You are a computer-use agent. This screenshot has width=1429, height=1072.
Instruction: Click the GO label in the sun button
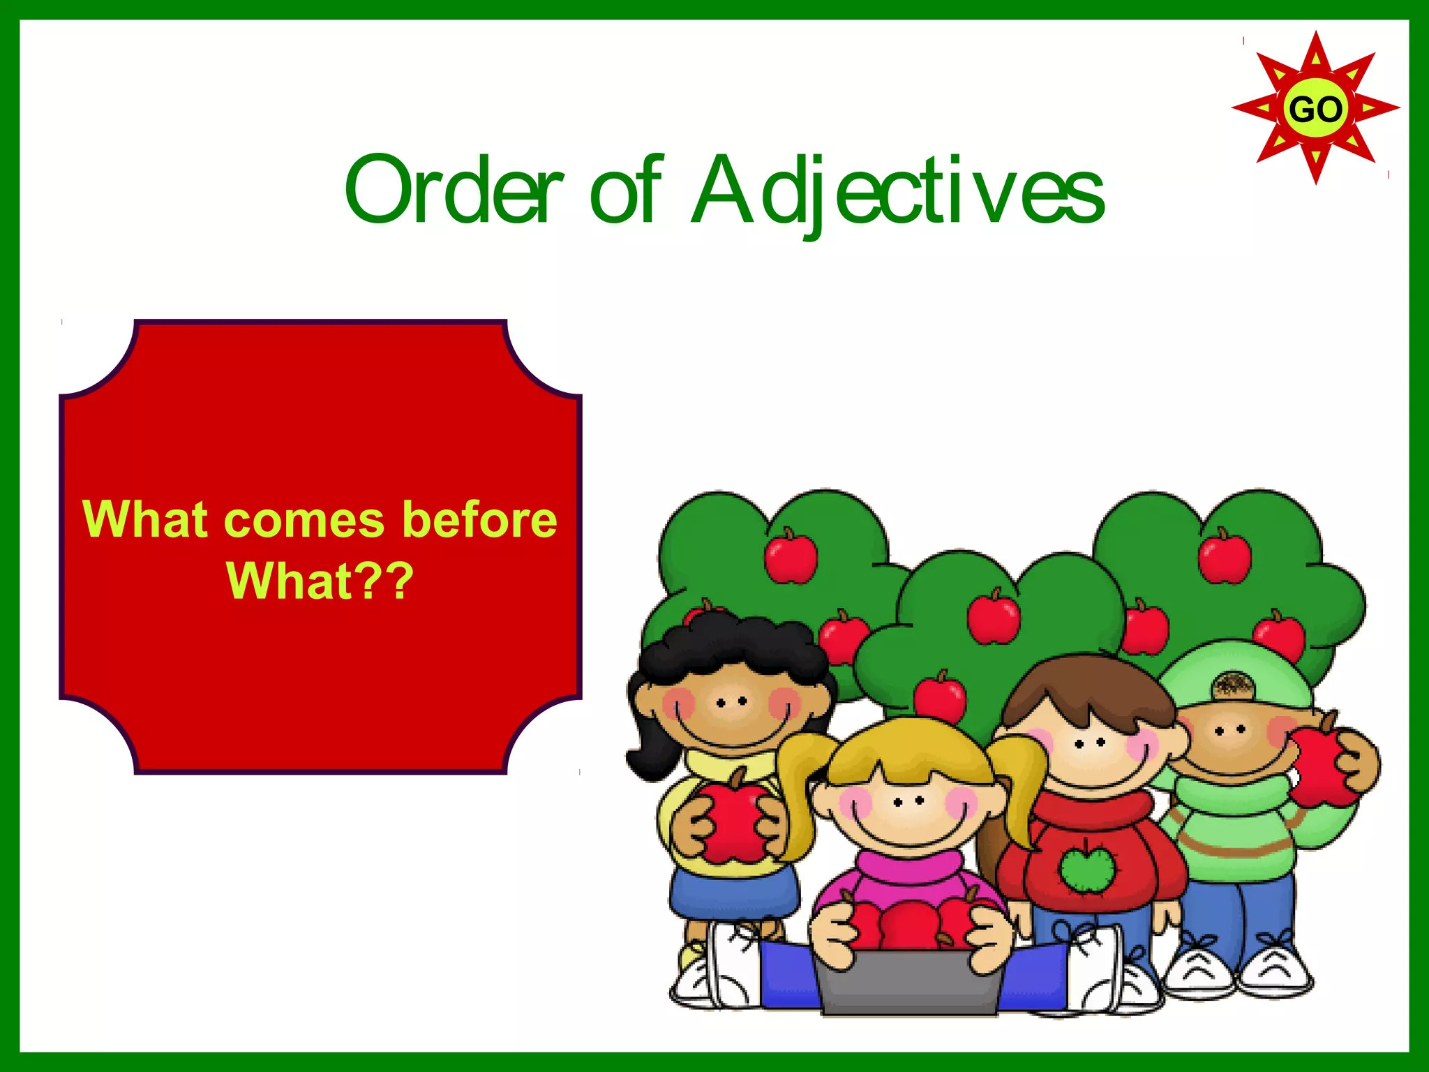pyautogui.click(x=1315, y=110)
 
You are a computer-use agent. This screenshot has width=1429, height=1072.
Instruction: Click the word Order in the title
pyautogui.click(x=454, y=190)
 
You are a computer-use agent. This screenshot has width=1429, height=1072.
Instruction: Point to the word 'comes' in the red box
pyautogui.click(x=305, y=520)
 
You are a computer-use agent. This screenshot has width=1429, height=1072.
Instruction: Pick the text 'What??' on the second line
pyautogui.click(x=320, y=581)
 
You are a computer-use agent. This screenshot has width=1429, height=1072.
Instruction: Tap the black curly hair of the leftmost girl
pyautogui.click(x=733, y=646)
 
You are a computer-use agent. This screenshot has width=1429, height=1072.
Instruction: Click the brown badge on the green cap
pyautogui.click(x=1233, y=686)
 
